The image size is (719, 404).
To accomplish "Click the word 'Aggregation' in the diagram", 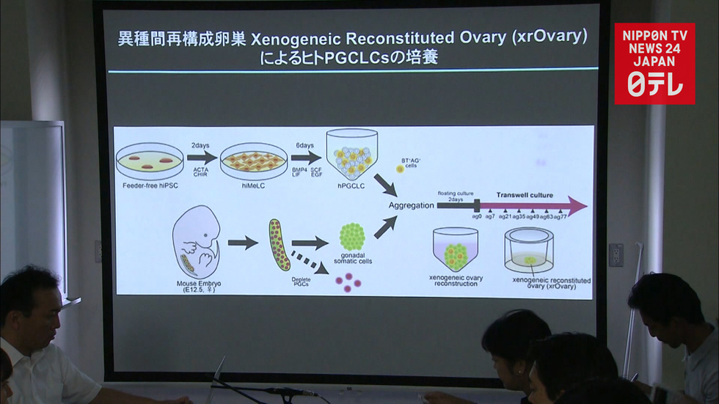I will (x=411, y=205).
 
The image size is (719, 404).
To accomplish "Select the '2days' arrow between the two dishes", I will (x=201, y=157).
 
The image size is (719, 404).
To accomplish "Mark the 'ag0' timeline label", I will (x=477, y=217).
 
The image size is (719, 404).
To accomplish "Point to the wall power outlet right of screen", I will (x=616, y=254).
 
